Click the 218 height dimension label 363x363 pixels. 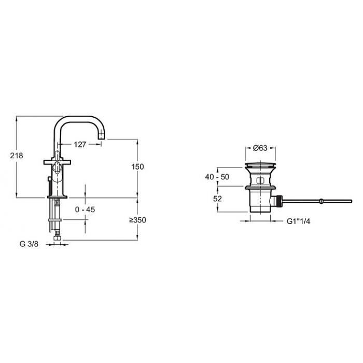[17, 156]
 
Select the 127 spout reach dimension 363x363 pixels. [80, 145]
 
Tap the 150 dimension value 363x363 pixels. [137, 166]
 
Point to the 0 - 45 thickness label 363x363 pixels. [85, 210]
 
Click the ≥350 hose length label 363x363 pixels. [138, 220]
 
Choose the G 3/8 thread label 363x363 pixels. [29, 244]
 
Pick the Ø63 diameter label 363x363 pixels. [260, 148]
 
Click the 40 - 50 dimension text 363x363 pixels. [217, 177]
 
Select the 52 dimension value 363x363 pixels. [217, 199]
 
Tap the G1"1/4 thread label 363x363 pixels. [298, 221]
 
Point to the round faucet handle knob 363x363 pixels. [57, 166]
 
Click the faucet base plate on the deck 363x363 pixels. [57, 197]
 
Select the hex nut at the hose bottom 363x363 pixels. [57, 238]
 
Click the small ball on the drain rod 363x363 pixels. [321, 201]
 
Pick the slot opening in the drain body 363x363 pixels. [260, 181]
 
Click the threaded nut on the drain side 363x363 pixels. [279, 201]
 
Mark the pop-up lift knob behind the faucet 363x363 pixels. [49, 179]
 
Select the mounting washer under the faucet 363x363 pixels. [55, 220]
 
